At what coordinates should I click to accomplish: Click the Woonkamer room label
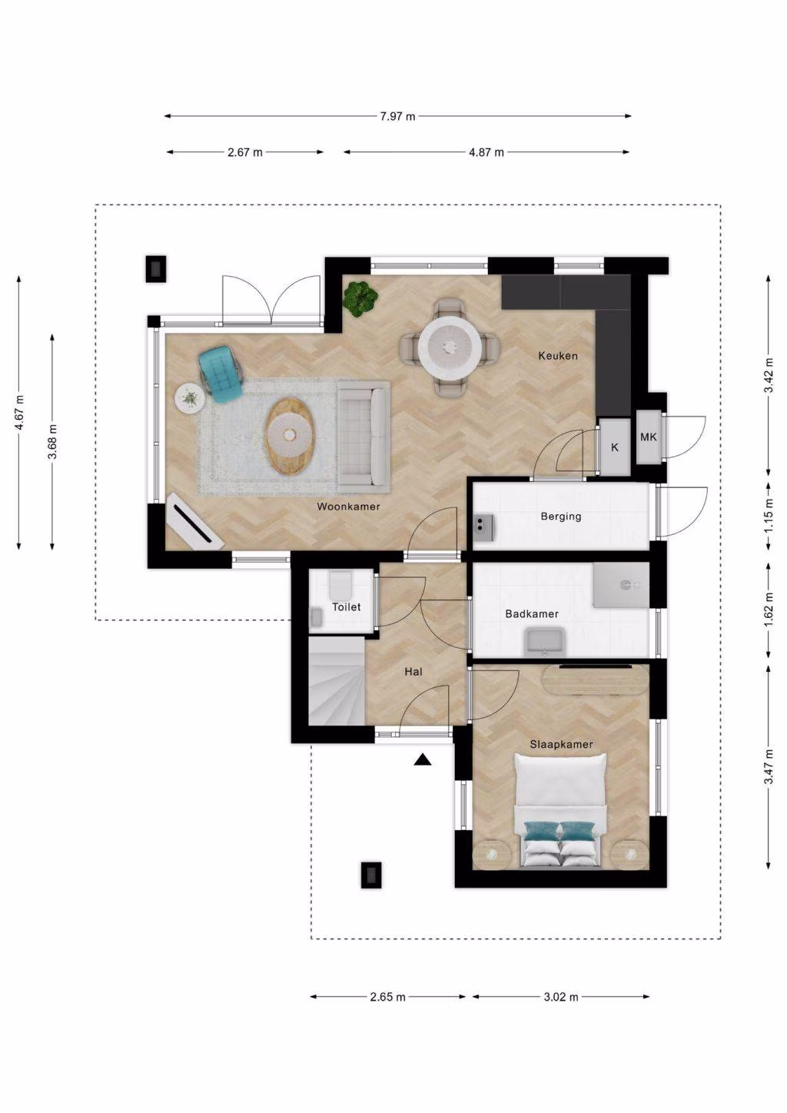348,507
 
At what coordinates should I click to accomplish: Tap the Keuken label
558,356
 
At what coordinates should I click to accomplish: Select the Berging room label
561,517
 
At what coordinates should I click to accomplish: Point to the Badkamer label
532,613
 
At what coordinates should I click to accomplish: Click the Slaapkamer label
561,744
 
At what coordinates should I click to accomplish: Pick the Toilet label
347,606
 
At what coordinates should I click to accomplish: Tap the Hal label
413,672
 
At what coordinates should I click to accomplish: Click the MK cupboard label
649,437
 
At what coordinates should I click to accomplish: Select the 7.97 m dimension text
397,116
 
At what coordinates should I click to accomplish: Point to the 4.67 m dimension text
19,413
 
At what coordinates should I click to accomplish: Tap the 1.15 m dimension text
769,515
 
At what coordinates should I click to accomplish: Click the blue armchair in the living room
221,374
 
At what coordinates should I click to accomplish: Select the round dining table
450,347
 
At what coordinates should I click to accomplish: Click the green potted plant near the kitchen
360,298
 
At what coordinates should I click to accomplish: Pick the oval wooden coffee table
290,437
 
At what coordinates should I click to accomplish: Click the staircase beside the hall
337,681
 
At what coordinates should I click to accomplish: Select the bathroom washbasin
544,640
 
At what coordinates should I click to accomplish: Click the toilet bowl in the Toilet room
340,584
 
